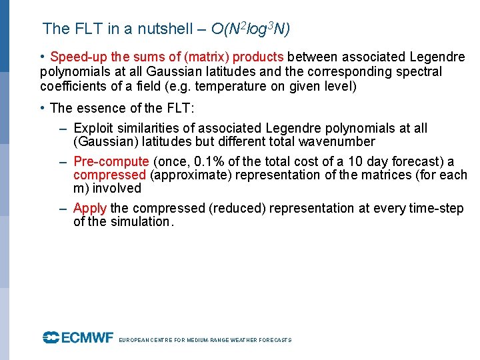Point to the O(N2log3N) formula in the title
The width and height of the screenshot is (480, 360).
tap(250, 29)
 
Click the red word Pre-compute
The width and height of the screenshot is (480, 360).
tap(111, 161)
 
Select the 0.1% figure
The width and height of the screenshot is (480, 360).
tap(205, 161)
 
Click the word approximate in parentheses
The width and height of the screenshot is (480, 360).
tap(187, 175)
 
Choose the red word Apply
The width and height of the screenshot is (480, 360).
tap(90, 208)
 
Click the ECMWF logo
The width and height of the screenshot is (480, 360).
tap(78, 338)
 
